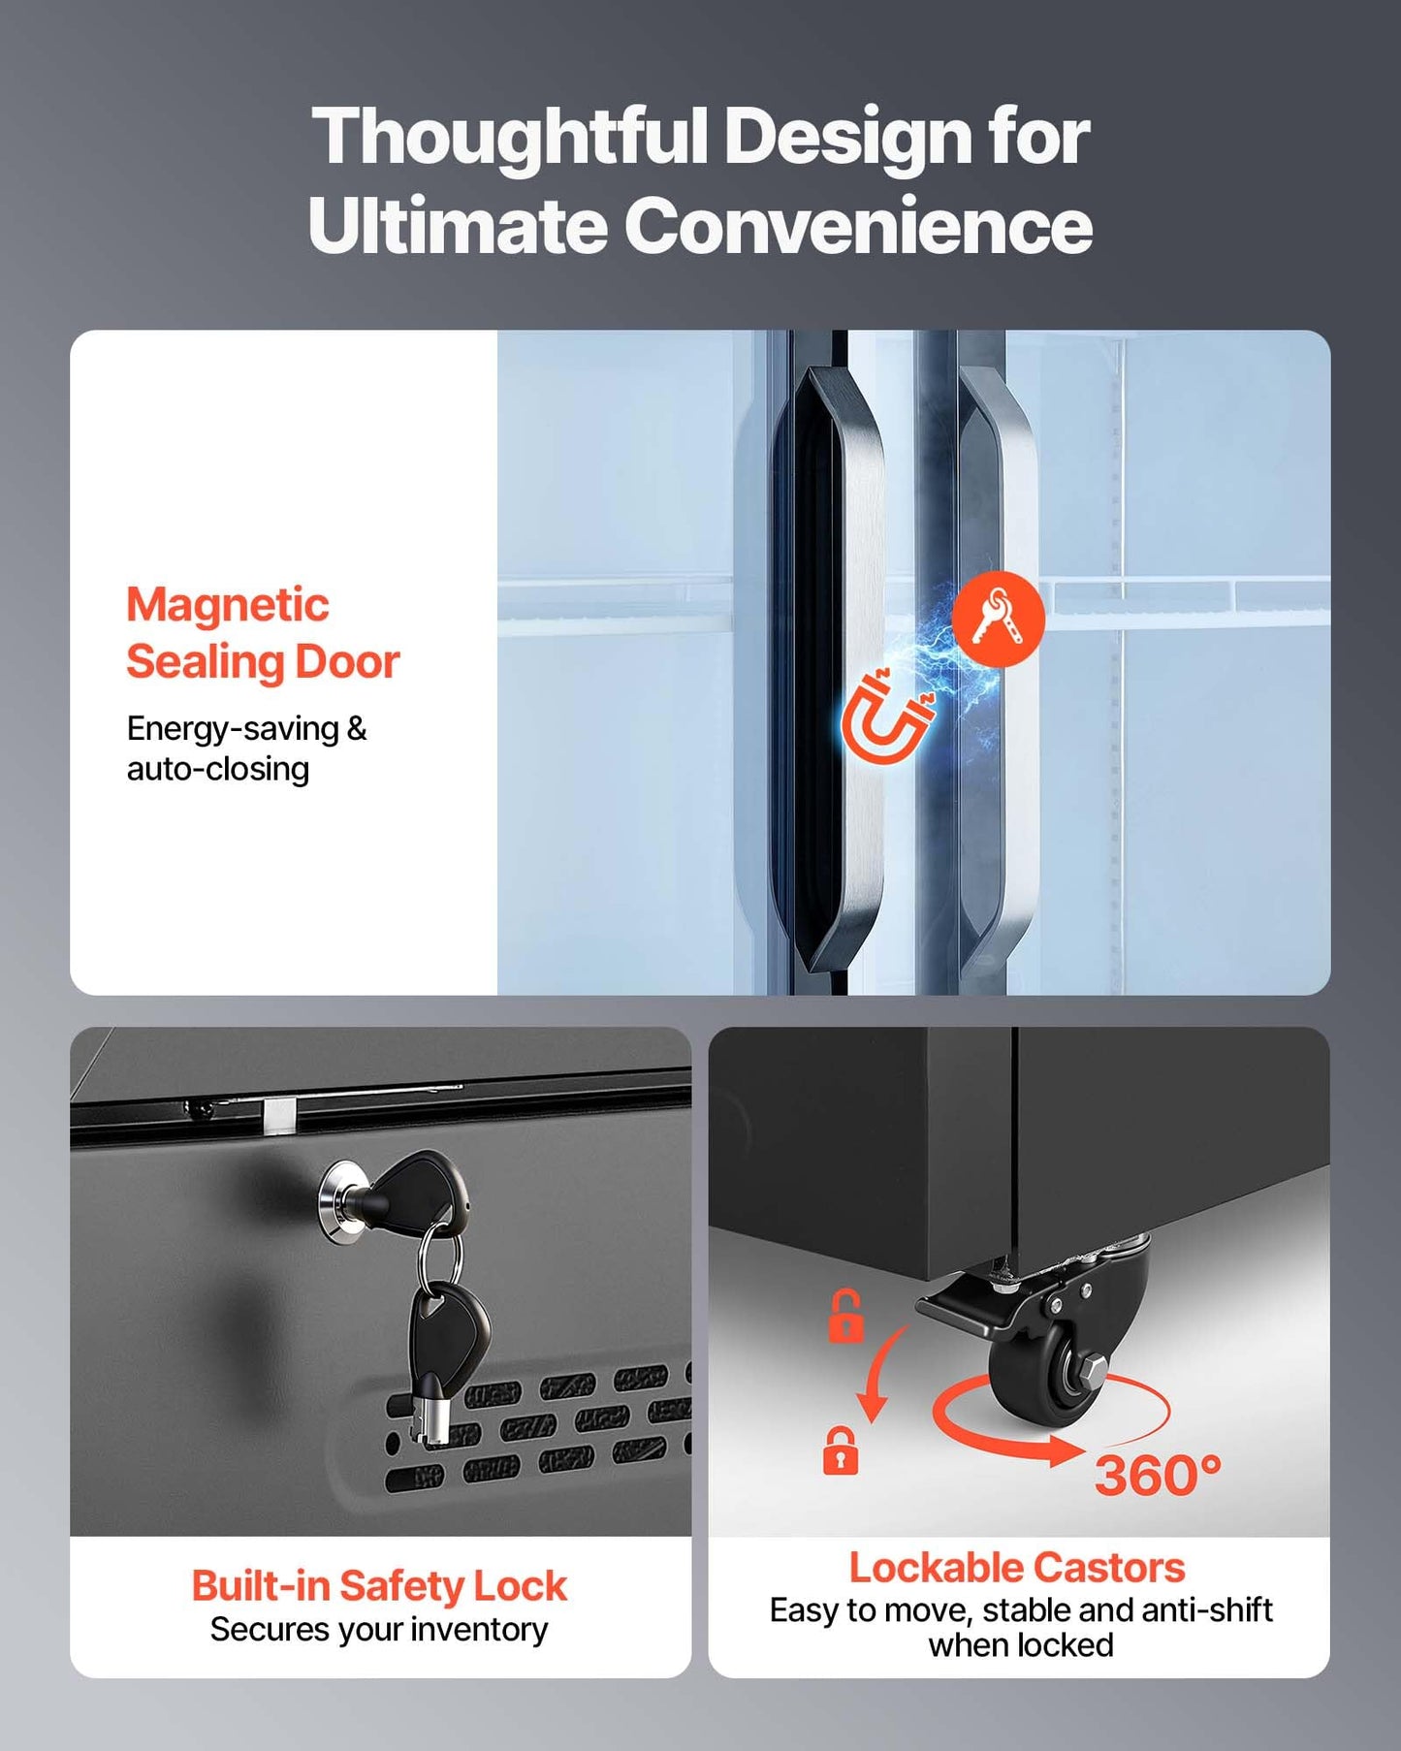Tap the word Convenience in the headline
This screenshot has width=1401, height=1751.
pyautogui.click(x=858, y=225)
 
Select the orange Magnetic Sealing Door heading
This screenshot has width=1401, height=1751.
pyautogui.click(x=263, y=634)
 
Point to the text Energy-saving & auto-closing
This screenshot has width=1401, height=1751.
pyautogui.click(x=246, y=748)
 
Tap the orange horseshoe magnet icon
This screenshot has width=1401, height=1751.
pyautogui.click(x=884, y=716)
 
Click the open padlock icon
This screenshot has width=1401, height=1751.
pyautogui.click(x=845, y=1316)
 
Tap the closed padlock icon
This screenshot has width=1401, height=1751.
pyautogui.click(x=841, y=1450)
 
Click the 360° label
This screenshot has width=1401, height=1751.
pyautogui.click(x=1158, y=1475)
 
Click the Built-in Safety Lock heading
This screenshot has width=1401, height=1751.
pyautogui.click(x=379, y=1586)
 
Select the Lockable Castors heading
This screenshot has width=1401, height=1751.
pyautogui.click(x=1017, y=1567)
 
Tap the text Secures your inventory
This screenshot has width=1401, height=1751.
pyautogui.click(x=379, y=1630)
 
